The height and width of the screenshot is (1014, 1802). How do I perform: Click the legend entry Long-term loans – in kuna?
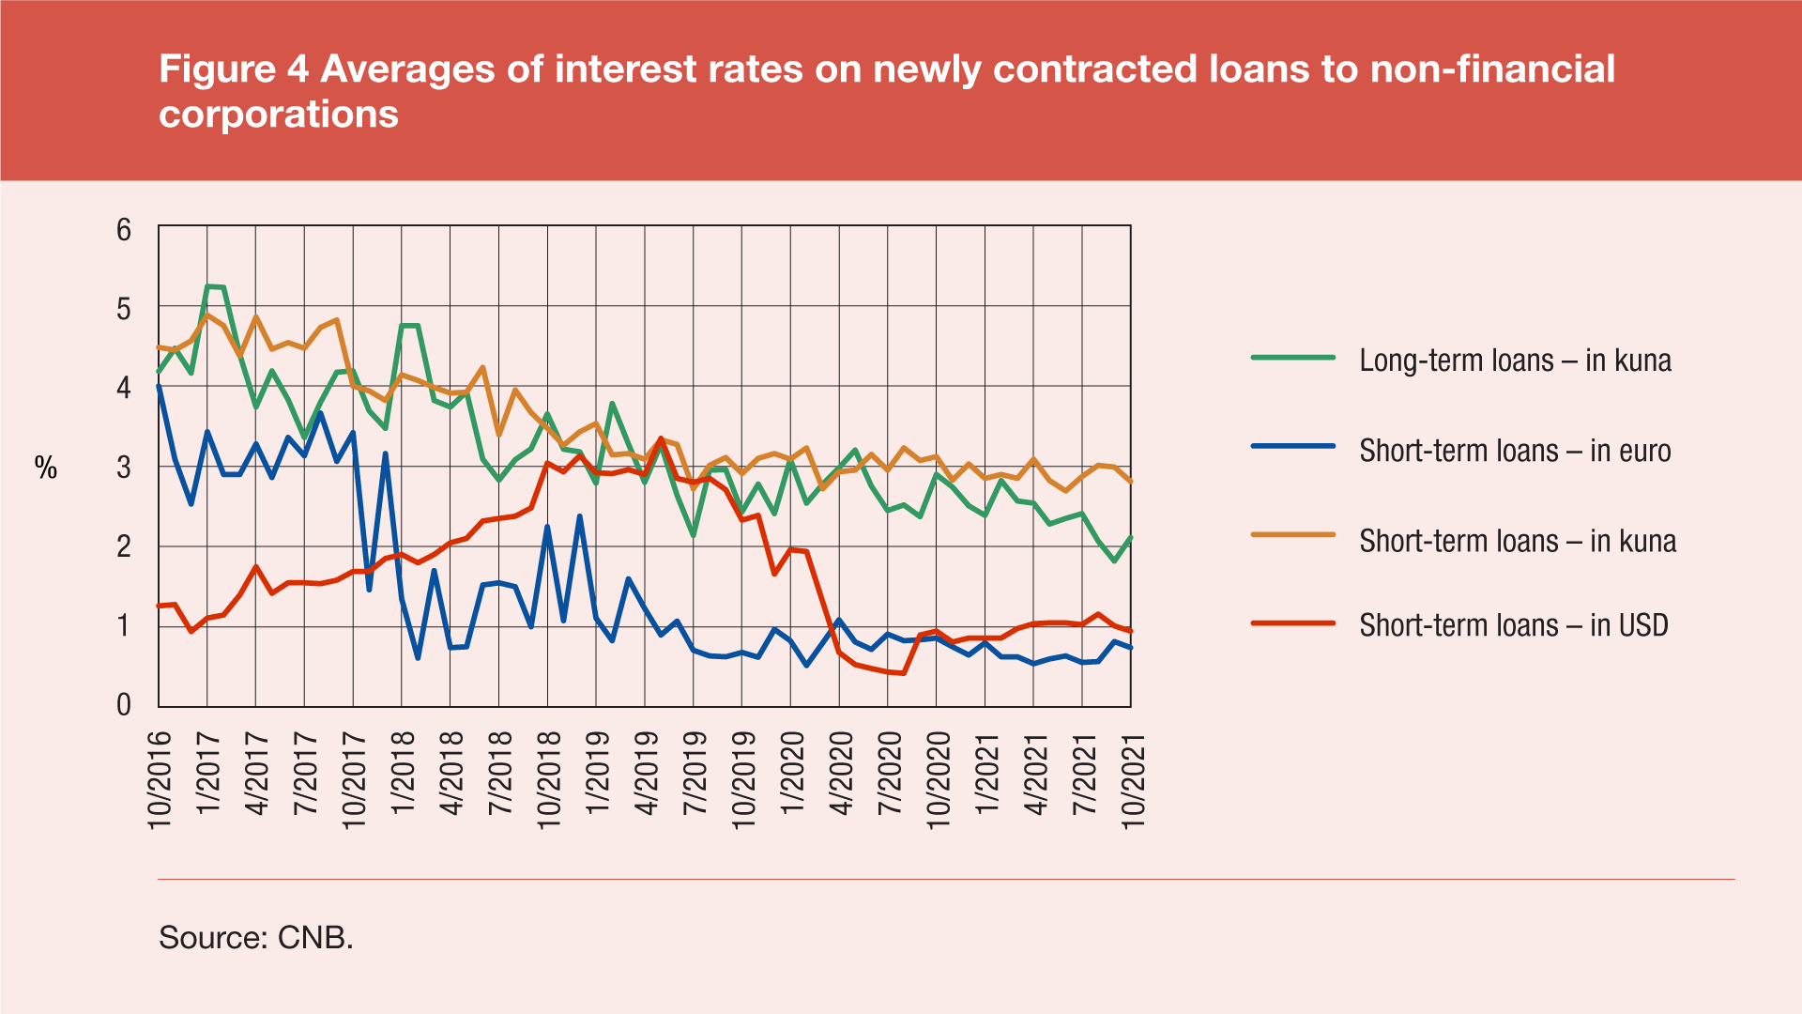point(1515,361)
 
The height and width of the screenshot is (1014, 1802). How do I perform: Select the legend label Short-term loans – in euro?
point(1515,451)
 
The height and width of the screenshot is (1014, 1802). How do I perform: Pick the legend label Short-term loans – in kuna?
point(1517,541)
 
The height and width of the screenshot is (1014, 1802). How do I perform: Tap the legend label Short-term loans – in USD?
point(1513,625)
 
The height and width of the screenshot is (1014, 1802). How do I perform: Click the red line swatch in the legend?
point(1292,623)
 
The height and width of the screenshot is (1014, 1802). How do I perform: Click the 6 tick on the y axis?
point(124,230)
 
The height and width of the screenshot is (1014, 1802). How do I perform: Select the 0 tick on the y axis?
point(124,705)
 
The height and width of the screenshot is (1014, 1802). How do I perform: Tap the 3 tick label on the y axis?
point(124,467)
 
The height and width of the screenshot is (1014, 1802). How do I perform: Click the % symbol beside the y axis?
point(46,468)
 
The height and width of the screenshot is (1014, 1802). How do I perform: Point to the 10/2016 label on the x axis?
point(160,780)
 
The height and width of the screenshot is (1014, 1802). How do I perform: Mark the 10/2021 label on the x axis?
point(1134,780)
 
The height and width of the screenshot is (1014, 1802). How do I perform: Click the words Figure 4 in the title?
point(234,69)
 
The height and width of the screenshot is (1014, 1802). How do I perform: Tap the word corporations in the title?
point(279,115)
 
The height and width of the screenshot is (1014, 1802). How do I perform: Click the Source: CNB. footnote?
point(256,937)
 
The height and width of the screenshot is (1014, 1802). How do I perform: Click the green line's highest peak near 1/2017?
point(208,285)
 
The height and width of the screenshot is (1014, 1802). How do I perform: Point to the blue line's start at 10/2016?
point(159,386)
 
